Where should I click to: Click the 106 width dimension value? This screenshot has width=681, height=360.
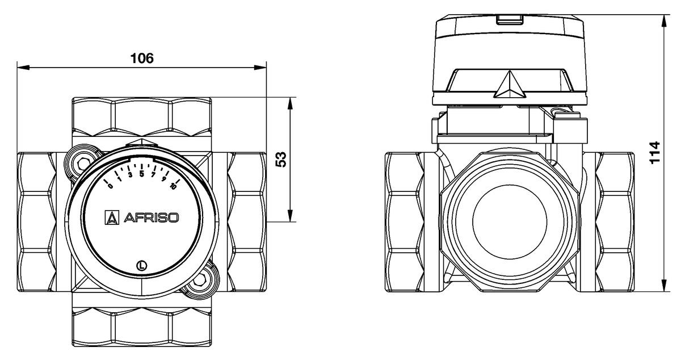click(x=142, y=58)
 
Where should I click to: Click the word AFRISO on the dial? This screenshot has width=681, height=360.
click(x=150, y=217)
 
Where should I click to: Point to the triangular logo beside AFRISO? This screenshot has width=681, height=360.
click(x=112, y=217)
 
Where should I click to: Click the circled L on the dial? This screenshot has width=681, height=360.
click(x=142, y=264)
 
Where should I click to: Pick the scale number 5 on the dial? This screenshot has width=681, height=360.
click(x=142, y=174)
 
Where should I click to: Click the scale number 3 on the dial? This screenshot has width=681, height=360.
click(x=130, y=175)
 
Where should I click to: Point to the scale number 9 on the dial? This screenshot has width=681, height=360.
click(x=163, y=179)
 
